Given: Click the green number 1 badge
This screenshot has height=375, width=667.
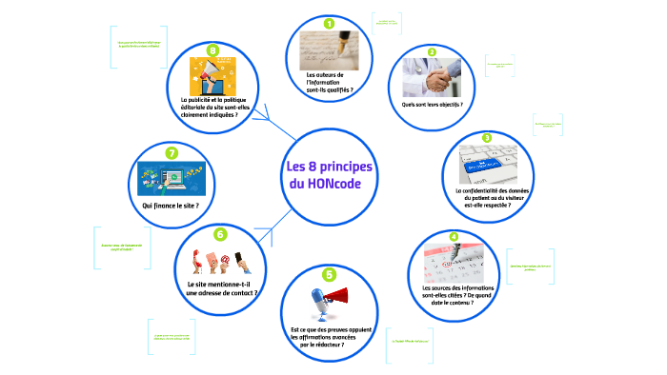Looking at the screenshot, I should click(x=330, y=23).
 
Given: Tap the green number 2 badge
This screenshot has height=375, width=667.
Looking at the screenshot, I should click(x=432, y=52).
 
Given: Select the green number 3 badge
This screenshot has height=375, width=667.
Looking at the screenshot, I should click(x=486, y=138).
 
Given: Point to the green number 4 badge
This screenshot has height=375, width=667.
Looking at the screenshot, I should click(x=454, y=236).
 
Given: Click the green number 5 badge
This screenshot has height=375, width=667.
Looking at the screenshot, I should click(x=330, y=274).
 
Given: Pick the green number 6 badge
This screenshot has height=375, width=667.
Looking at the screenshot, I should click(x=220, y=233).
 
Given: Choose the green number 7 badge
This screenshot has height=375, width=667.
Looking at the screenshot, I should click(x=172, y=152).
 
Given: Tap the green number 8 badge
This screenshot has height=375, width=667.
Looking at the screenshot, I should click(x=212, y=50).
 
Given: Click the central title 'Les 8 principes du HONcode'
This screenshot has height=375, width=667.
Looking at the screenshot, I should click(x=330, y=175).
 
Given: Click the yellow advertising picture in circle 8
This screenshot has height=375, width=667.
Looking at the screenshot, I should click(x=212, y=76).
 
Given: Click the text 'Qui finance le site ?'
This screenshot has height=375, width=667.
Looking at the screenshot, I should click(x=171, y=206).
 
